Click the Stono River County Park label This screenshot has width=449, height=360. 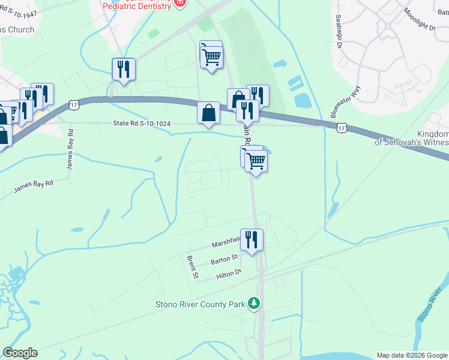click(x=200, y=304)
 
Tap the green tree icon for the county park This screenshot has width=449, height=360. click(x=255, y=304)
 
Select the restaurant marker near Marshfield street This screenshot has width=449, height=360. click(x=252, y=239)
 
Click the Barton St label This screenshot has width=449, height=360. click(x=224, y=260)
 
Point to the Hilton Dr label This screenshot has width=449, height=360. click(x=229, y=274)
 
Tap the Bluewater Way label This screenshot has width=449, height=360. click(x=345, y=102)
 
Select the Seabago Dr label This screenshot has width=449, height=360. click(x=339, y=31)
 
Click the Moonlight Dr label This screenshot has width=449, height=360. click(x=419, y=20)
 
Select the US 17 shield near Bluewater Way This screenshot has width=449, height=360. click(x=341, y=127)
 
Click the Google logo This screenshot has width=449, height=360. click(x=20, y=353)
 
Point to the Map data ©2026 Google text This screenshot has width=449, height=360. click(x=412, y=355)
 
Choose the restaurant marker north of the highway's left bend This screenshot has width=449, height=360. click(x=123, y=68)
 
